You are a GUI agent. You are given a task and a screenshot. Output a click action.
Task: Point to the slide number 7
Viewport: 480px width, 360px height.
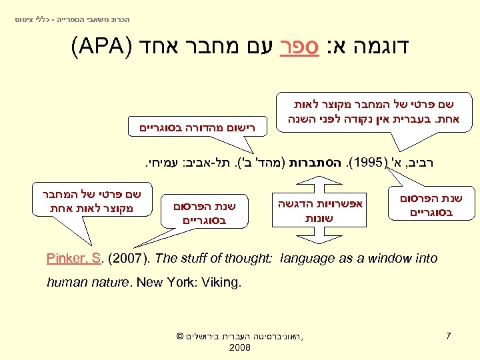click(x=449, y=335)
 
